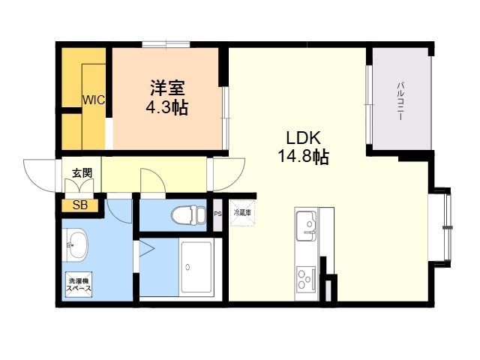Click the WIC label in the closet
(93, 100)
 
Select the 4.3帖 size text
(166, 108)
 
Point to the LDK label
(303, 139)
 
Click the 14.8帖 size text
(303, 157)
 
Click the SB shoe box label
(79, 205)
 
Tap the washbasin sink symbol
(76, 243)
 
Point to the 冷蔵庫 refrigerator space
(242, 214)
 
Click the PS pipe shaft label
(217, 214)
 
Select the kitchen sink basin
(306, 223)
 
